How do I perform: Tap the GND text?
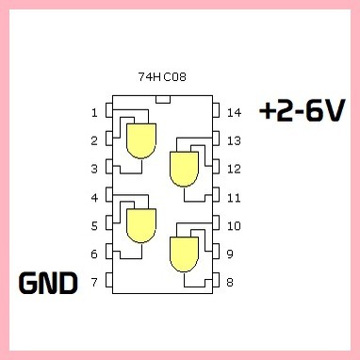(48, 282)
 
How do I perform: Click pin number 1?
(94, 113)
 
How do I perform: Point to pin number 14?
(235, 113)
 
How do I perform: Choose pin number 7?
(94, 282)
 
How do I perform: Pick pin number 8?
(232, 282)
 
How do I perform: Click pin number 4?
(94, 198)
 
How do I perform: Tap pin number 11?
(235, 198)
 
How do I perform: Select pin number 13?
(235, 141)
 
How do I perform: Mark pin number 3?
(94, 170)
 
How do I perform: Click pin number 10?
(235, 226)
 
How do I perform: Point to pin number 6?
(94, 254)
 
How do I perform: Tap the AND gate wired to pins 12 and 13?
(183, 169)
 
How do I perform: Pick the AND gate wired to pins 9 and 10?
(183, 253)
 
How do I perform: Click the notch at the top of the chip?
(162, 97)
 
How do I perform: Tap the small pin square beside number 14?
(215, 112)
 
